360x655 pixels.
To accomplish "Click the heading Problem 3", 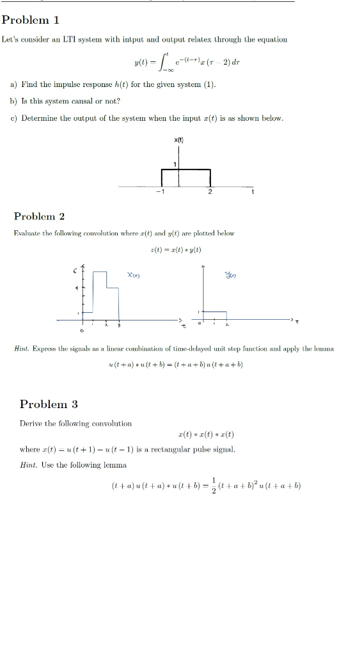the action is coord(49,404).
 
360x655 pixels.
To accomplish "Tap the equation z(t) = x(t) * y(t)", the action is coord(178,249).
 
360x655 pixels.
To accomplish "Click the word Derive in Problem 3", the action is coord(31,423).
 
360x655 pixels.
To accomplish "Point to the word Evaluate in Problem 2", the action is coord(27,233).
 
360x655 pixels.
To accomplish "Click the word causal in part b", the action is coord(83,101).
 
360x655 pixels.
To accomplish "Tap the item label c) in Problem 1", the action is coord(13,118).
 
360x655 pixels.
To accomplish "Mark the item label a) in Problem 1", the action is coord(13,84).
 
